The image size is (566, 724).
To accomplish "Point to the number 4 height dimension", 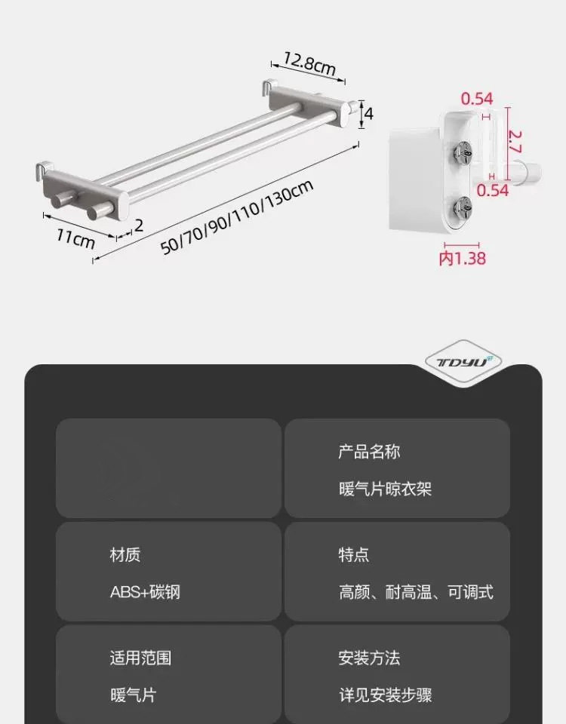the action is pyautogui.click(x=369, y=113).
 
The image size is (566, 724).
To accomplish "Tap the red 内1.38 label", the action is pyautogui.click(x=462, y=259).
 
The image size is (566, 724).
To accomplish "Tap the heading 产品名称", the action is pyautogui.click(x=368, y=452).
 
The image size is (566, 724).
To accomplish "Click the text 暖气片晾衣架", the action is pyautogui.click(x=385, y=489).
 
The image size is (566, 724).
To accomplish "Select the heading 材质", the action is pyautogui.click(x=125, y=555).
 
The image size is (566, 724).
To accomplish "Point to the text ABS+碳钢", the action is pyautogui.click(x=146, y=592).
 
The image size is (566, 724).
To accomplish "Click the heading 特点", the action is pyautogui.click(x=353, y=555).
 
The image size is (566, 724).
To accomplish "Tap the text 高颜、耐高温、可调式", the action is pyautogui.click(x=416, y=592).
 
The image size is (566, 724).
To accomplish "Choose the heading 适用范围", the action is pyautogui.click(x=140, y=658).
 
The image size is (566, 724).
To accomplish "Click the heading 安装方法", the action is pyautogui.click(x=368, y=658).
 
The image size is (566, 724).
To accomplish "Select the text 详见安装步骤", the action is pyautogui.click(x=385, y=695).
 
